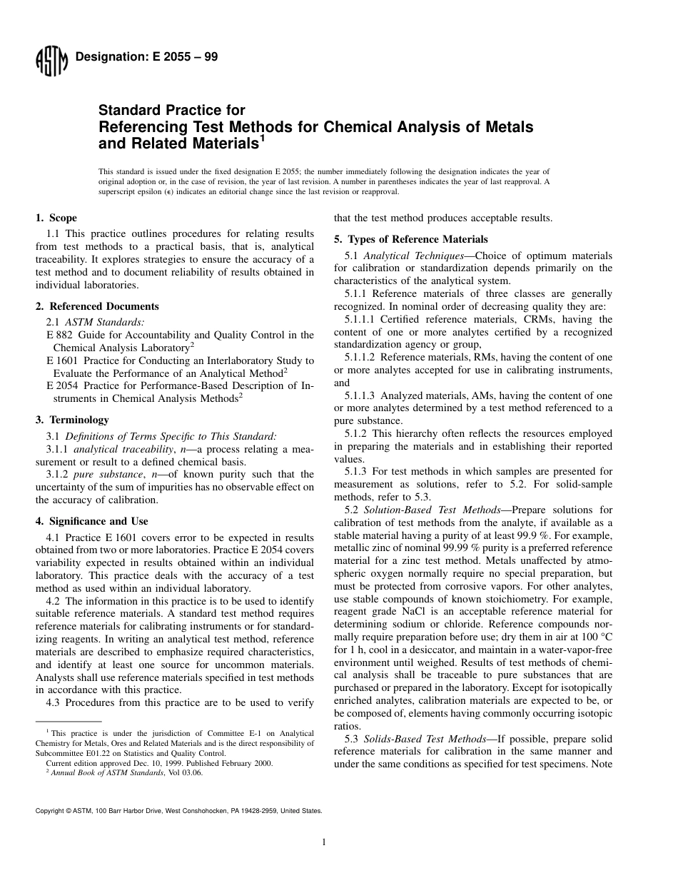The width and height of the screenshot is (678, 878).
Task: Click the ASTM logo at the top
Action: tap(51, 61)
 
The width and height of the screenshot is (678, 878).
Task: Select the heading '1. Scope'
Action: tap(56, 218)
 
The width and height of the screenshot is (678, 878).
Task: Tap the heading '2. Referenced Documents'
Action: tap(97, 306)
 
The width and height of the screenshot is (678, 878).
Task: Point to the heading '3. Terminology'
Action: tap(72, 420)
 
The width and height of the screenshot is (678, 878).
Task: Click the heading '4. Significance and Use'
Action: tap(91, 521)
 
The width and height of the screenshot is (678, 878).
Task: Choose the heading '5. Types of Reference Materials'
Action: tap(411, 239)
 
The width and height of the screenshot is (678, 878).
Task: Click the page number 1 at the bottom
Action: tap(323, 842)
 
